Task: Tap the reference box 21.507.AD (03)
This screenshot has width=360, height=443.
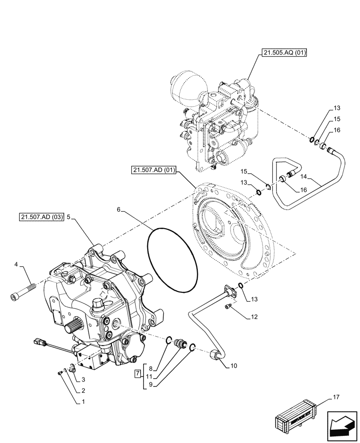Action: pyautogui.click(x=42, y=217)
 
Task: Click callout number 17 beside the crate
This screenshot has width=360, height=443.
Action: pyautogui.click(x=336, y=398)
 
